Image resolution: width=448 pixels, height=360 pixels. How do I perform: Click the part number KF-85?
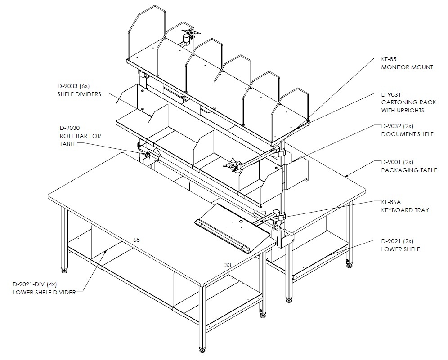pos(389,59)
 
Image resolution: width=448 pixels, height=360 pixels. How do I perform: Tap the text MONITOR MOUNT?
pos(407,67)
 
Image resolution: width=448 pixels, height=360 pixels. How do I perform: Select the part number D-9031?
pos(391,94)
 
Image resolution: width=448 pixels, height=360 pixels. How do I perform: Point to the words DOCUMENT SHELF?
pos(408,134)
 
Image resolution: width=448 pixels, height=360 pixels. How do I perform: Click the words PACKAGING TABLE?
pos(409,170)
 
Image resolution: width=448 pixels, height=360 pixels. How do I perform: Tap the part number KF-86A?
pos(391,202)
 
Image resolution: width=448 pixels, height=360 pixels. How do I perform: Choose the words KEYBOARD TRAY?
pos(405,210)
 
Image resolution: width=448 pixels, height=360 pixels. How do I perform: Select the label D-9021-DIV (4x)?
pos(35,284)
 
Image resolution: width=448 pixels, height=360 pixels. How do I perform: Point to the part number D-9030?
pos(70,128)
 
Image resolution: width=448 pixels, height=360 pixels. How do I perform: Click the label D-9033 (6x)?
pos(74,86)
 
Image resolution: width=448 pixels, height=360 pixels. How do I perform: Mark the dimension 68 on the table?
pos(137,240)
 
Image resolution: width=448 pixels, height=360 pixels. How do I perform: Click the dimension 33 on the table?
pos(228,265)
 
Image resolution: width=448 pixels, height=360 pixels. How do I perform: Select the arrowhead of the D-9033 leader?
pos(150,116)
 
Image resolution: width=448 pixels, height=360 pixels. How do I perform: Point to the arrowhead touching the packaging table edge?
pos(347,175)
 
